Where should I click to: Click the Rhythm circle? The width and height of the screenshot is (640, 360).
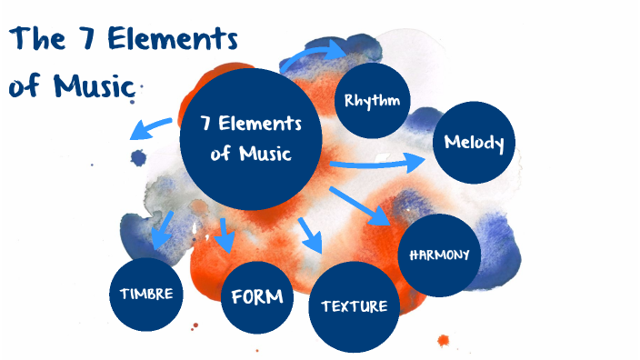pyautogui.click(x=372, y=99)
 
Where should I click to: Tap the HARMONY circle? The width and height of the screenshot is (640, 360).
pyautogui.click(x=439, y=255)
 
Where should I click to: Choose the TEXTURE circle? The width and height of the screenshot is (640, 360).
pyautogui.click(x=354, y=306)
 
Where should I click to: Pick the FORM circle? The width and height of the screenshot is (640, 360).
pyautogui.click(x=257, y=296)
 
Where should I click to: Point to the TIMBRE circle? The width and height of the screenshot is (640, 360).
pyautogui.click(x=145, y=294)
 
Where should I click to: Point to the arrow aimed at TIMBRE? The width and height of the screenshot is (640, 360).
pyautogui.click(x=164, y=228)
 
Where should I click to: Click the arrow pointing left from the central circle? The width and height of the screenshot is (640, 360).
pyautogui.click(x=151, y=126)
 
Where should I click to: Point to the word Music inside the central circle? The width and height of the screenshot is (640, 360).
pyautogui.click(x=265, y=153)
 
